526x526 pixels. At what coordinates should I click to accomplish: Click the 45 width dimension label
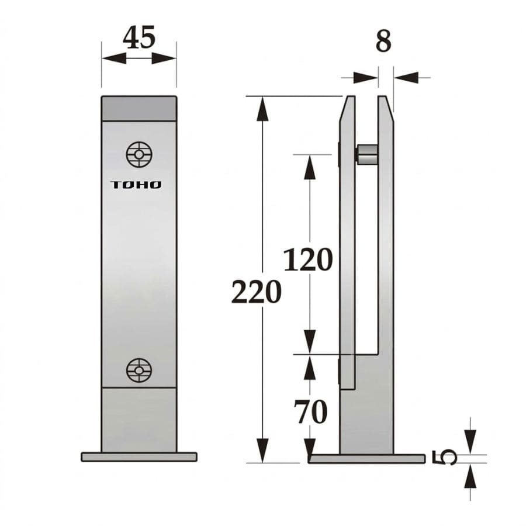click(139, 38)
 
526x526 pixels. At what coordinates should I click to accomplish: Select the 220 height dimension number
click(256, 292)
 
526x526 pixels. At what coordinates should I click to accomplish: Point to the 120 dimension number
click(308, 259)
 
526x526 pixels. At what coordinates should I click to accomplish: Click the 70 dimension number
click(311, 413)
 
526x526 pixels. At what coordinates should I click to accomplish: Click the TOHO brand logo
click(136, 185)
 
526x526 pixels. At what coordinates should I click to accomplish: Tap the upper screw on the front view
click(139, 154)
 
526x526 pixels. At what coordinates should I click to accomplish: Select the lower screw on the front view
click(139, 370)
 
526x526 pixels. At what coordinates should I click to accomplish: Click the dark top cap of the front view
click(139, 109)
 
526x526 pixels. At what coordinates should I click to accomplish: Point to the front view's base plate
click(139, 456)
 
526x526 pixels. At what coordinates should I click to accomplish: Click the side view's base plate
click(366, 458)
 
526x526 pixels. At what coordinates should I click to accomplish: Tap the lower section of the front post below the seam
click(139, 418)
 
